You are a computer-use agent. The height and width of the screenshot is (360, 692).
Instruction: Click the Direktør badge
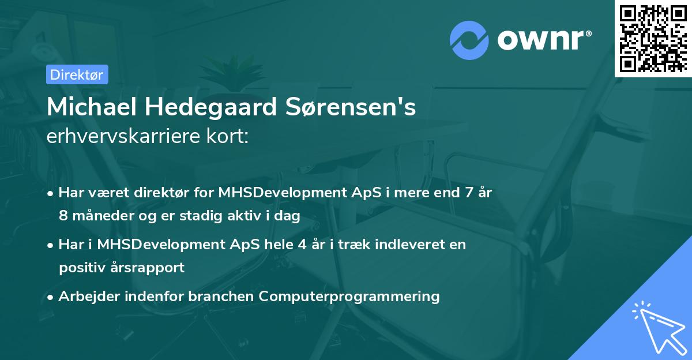(x=77, y=74)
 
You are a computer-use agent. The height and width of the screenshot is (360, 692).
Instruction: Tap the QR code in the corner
(x=653, y=38)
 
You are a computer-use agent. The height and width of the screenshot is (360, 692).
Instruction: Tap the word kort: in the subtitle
(x=228, y=136)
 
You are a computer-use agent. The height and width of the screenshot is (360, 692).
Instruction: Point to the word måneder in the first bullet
(x=103, y=216)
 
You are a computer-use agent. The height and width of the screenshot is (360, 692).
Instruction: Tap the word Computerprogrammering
(x=349, y=297)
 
